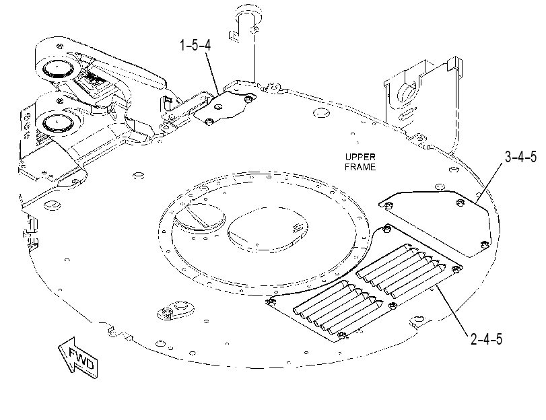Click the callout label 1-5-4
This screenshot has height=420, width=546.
tap(195, 45)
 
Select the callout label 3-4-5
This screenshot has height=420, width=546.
tap(521, 157)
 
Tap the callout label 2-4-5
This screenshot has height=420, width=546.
tap(487, 339)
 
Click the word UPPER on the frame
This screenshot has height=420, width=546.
tap(360, 157)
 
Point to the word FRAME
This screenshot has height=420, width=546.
tap(360, 167)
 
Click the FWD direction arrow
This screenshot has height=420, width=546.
tap(77, 357)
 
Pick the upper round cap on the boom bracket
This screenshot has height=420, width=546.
tap(57, 69)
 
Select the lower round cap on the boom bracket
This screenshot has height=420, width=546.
tap(58, 123)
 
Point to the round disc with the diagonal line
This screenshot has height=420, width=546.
tap(199, 217)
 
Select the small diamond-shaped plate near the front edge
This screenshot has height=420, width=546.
tap(176, 309)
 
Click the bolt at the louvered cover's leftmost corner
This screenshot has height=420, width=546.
tap(269, 302)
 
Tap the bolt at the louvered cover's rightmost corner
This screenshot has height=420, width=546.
tap(456, 269)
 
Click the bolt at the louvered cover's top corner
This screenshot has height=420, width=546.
tap(386, 229)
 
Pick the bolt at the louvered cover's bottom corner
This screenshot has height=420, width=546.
tap(342, 335)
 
